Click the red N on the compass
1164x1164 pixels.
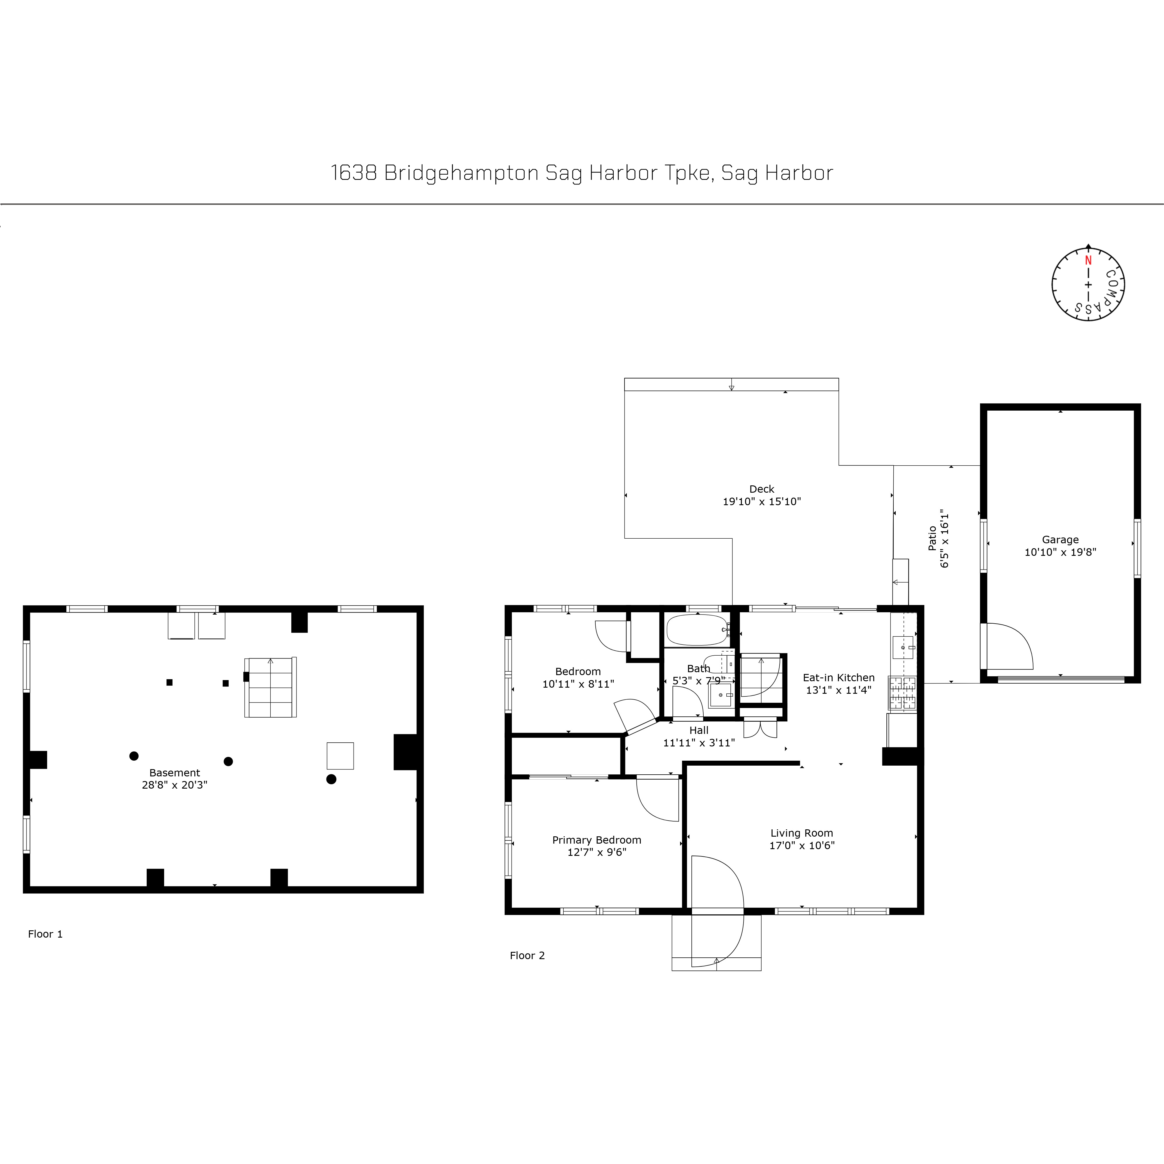click(1088, 260)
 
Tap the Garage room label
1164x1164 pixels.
click(1060, 540)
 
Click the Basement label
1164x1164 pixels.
click(175, 772)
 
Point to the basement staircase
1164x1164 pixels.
click(271, 687)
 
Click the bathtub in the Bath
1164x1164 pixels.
click(697, 630)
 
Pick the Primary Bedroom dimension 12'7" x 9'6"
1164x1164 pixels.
click(597, 852)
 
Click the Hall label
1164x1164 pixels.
click(699, 730)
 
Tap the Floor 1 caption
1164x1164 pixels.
click(45, 934)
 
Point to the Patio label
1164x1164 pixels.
click(933, 538)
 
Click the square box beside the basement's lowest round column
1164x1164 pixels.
click(340, 755)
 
